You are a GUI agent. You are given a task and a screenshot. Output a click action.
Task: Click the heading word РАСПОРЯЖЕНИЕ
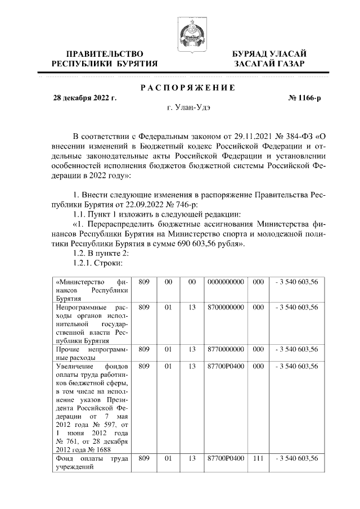coord(187,87)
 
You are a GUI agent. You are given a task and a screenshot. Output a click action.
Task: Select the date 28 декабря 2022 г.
coord(84,98)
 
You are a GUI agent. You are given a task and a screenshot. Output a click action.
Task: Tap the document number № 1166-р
coord(305,98)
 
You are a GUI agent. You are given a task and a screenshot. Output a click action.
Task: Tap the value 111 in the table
coord(258,459)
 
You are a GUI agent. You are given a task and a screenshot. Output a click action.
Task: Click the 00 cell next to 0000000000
coord(192,281)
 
